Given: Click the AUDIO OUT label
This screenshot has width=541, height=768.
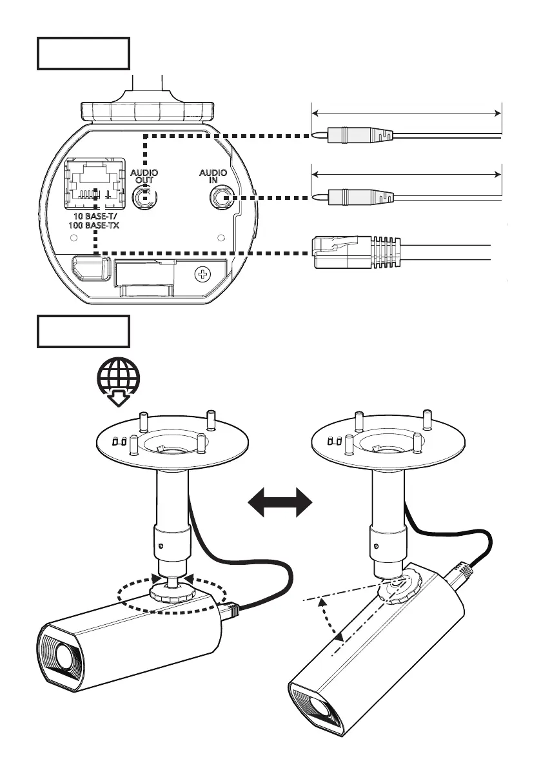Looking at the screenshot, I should pos(144,177).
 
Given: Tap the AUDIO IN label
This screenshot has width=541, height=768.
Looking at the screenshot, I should pos(213,177).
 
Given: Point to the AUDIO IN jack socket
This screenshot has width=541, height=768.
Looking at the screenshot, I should pos(221,197).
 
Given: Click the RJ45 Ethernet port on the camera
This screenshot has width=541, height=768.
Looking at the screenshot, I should pos(95,184).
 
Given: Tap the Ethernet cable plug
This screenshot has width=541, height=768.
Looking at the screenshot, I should pos(355,252).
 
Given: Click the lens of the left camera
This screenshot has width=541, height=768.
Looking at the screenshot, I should pos(63,655).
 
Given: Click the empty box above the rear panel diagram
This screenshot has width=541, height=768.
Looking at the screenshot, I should pos(84,54).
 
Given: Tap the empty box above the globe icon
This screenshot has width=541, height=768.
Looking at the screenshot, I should pos(84,331).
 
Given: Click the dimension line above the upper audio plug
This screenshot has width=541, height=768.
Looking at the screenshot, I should pos(406,112).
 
